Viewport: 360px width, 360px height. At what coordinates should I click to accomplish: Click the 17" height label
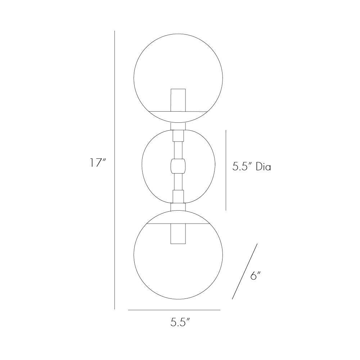pyautogui.click(x=97, y=163)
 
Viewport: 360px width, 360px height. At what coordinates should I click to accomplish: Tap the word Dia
pyautogui.click(x=263, y=167)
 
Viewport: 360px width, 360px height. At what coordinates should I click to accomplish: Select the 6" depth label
pyautogui.click(x=255, y=276)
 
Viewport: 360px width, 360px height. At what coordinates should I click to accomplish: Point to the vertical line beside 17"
pyautogui.click(x=114, y=169)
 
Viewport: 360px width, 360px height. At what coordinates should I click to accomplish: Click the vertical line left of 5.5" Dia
pyautogui.click(x=226, y=170)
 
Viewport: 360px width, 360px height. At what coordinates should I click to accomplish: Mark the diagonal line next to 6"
pyautogui.click(x=245, y=271)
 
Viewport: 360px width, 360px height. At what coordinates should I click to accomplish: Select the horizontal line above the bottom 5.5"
pyautogui.click(x=174, y=310)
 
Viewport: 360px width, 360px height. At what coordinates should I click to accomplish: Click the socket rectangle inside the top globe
pyautogui.click(x=178, y=99)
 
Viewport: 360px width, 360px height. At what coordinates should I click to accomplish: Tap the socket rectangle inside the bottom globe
pyautogui.click(x=178, y=233)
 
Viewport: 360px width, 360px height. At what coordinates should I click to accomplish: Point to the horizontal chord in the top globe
pyautogui.click(x=158, y=111)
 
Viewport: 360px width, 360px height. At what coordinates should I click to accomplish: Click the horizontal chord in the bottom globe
pyautogui.click(x=158, y=223)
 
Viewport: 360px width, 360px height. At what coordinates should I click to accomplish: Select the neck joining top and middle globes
pyautogui.click(x=178, y=126)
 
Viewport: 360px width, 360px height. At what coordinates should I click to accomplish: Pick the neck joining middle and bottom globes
pyautogui.click(x=178, y=207)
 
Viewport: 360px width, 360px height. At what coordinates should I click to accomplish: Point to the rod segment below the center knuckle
pyautogui.click(x=178, y=183)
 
